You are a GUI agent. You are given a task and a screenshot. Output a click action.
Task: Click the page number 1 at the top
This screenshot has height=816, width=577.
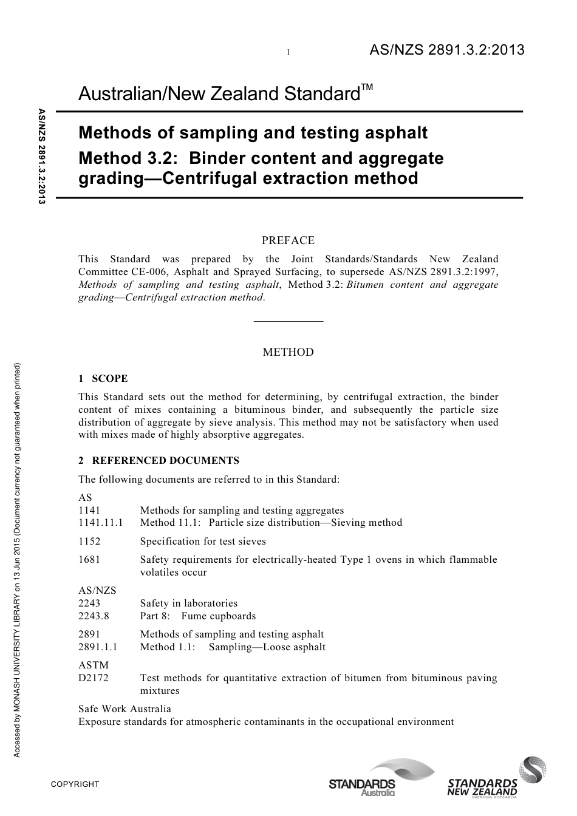[288, 53]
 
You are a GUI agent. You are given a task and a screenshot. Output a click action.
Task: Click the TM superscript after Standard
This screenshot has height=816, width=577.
[366, 89]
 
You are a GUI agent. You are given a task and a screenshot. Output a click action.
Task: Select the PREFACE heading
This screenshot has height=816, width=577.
[288, 240]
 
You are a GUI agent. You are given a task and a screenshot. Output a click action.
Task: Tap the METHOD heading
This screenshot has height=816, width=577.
[288, 352]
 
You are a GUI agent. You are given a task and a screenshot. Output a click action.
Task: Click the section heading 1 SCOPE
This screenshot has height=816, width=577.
[103, 378]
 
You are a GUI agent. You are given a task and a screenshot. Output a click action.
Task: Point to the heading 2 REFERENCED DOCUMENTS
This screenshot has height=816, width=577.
[159, 460]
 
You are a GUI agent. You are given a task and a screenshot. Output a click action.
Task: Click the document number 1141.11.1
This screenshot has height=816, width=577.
[101, 523]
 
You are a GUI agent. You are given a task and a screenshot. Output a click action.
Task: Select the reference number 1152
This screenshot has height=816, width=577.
[89, 541]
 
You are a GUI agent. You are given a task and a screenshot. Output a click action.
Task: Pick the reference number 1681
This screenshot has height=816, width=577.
[89, 560]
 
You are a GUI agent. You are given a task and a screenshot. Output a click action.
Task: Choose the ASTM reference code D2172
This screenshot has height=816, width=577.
[94, 678]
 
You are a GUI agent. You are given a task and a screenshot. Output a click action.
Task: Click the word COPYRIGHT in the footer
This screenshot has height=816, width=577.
[75, 784]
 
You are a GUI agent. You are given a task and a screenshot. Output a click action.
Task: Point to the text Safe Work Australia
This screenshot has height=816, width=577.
[125, 709]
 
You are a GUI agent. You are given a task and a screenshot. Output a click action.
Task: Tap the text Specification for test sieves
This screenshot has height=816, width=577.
[203, 541]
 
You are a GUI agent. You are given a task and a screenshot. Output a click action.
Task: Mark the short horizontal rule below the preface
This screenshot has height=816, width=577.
[288, 321]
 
